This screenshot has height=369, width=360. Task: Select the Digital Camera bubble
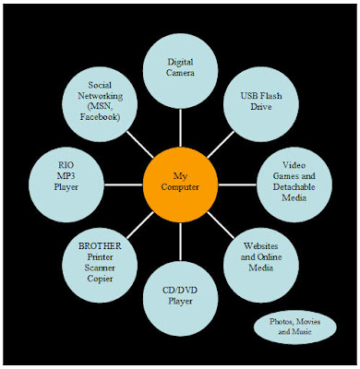[180, 69]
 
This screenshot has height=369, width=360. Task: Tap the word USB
[242, 95]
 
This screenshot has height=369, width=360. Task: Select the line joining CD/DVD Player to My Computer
[180, 239]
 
